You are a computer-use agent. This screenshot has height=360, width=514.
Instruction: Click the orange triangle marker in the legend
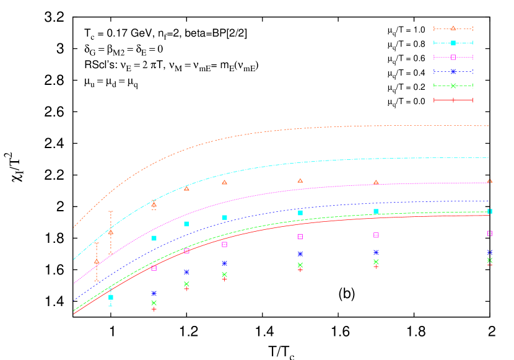(453, 29)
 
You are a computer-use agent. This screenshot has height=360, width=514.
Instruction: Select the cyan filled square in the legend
(453, 43)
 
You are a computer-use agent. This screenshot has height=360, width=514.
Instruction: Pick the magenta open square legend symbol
(453, 57)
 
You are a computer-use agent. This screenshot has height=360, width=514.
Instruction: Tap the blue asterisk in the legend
(453, 71)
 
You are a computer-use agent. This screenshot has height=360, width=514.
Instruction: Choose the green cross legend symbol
(453, 86)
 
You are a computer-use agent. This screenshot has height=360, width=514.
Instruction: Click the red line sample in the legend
(453, 100)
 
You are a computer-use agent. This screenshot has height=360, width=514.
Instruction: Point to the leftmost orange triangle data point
(97, 261)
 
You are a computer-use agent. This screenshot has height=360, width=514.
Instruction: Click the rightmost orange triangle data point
(489, 181)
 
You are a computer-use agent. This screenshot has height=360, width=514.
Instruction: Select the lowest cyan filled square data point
(111, 297)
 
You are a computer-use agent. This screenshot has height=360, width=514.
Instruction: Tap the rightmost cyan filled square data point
(489, 211)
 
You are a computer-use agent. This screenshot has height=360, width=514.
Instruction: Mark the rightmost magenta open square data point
(489, 234)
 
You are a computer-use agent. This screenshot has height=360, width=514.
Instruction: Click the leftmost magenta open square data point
(154, 268)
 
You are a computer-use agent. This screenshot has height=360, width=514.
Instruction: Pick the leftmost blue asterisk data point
(154, 293)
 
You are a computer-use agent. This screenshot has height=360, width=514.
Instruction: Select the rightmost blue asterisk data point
(489, 252)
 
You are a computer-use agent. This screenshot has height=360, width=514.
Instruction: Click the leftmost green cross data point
(154, 303)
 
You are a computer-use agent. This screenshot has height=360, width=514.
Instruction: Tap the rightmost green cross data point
(489, 260)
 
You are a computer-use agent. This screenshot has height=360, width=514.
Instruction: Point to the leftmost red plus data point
(154, 309)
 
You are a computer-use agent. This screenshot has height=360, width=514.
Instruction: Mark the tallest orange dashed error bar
(111, 232)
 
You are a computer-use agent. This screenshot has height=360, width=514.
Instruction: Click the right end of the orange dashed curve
(489, 126)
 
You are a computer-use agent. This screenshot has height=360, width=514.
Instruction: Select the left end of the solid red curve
(74, 314)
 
